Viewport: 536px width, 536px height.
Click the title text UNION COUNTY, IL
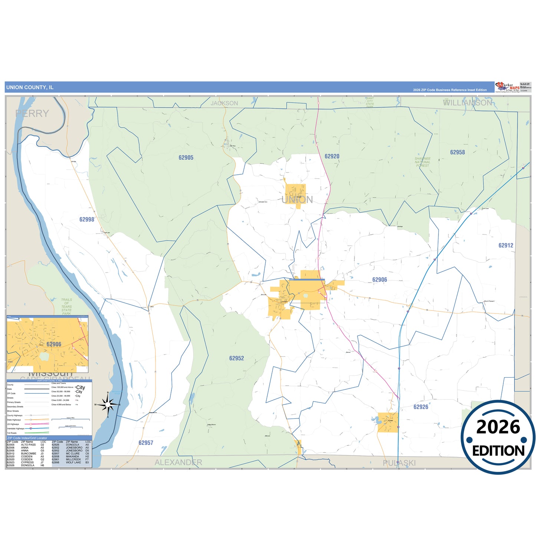pyautogui.click(x=30, y=88)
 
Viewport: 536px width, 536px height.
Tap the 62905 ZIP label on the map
pyautogui.click(x=186, y=158)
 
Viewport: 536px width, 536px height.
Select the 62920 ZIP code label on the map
pyautogui.click(x=332, y=157)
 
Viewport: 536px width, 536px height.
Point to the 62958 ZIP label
pyautogui.click(x=457, y=152)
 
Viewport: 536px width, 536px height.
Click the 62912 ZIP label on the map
pyautogui.click(x=506, y=246)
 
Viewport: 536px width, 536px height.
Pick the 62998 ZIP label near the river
pyautogui.click(x=87, y=220)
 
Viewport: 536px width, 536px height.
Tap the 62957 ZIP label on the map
pyautogui.click(x=146, y=443)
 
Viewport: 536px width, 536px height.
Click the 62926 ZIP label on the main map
pyautogui.click(x=421, y=407)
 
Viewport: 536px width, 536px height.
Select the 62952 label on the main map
pyautogui.click(x=237, y=358)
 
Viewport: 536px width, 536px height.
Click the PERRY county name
pyautogui.click(x=32, y=114)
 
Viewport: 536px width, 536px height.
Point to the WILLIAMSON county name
pyautogui.click(x=468, y=103)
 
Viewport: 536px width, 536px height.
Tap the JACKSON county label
pyautogui.click(x=224, y=103)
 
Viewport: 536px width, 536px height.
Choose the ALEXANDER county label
pyautogui.click(x=178, y=463)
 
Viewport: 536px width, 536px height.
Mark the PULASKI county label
pyautogui.click(x=399, y=463)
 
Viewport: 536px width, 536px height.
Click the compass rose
pyautogui.click(x=108, y=404)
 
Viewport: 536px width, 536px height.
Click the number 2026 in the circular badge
pyautogui.click(x=498, y=427)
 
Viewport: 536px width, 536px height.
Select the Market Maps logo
pyautogui.click(x=507, y=87)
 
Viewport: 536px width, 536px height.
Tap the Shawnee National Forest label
pyautogui.click(x=422, y=162)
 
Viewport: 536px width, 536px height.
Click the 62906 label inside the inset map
pyautogui.click(x=54, y=345)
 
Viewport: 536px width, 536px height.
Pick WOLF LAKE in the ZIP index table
pyautogui.click(x=73, y=463)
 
